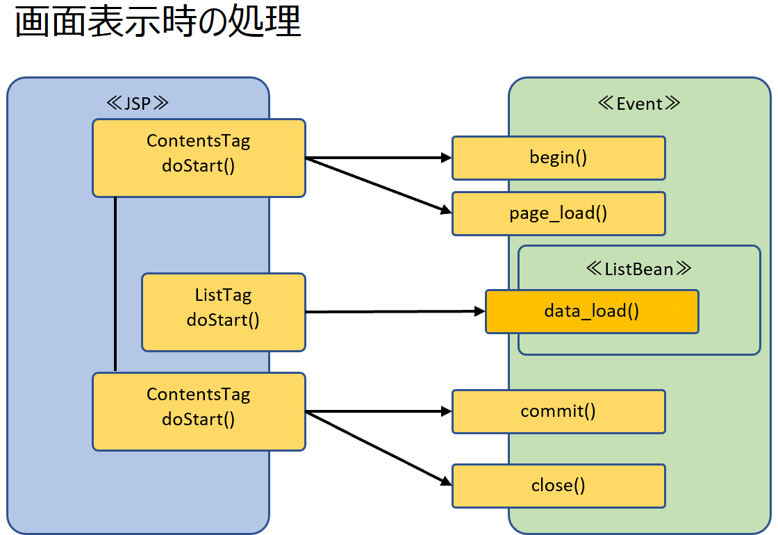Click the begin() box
558,158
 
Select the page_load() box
558,213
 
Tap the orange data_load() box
592,312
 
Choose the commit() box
558,411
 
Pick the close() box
558,486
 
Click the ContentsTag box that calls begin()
199,158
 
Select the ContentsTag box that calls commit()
199,411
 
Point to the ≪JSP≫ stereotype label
138,104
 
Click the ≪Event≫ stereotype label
639,104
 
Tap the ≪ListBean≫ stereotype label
638,269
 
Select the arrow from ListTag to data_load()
395,312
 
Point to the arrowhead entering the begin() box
447,158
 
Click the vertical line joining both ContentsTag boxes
115,284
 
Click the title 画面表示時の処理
158,22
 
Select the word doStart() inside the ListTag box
223,320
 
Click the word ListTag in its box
223,295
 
